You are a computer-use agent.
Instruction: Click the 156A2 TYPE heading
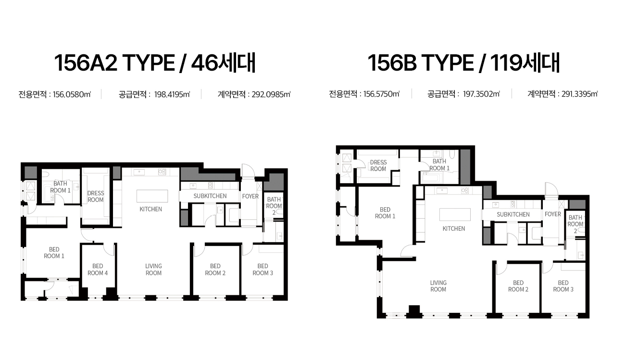[114, 63]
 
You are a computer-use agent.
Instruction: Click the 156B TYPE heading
[421, 63]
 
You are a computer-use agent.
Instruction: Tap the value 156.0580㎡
[72, 94]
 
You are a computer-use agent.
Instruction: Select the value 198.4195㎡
[172, 94]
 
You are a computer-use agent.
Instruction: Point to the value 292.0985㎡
[271, 94]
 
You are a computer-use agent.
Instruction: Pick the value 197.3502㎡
[481, 94]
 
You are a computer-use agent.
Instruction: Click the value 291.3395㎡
[579, 94]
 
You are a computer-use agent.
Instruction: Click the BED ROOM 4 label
[98, 269]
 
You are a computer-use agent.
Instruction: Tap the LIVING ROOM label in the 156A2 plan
[153, 269]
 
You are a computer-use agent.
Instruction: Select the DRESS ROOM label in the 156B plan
[378, 165]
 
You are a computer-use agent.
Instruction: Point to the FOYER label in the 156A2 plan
[250, 196]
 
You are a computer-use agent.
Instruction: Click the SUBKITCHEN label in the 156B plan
[513, 214]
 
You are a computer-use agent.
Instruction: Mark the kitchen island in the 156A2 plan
[152, 196]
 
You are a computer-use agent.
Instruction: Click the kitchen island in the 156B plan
[455, 214]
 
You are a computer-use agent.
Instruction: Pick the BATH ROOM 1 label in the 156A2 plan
[60, 187]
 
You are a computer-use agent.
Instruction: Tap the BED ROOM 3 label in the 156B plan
[563, 286]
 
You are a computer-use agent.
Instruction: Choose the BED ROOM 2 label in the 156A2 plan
[215, 269]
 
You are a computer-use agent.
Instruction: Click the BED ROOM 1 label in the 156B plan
[385, 213]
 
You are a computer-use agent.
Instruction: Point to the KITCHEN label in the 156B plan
[454, 229]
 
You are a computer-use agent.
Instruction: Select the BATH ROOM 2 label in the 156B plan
[575, 224]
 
